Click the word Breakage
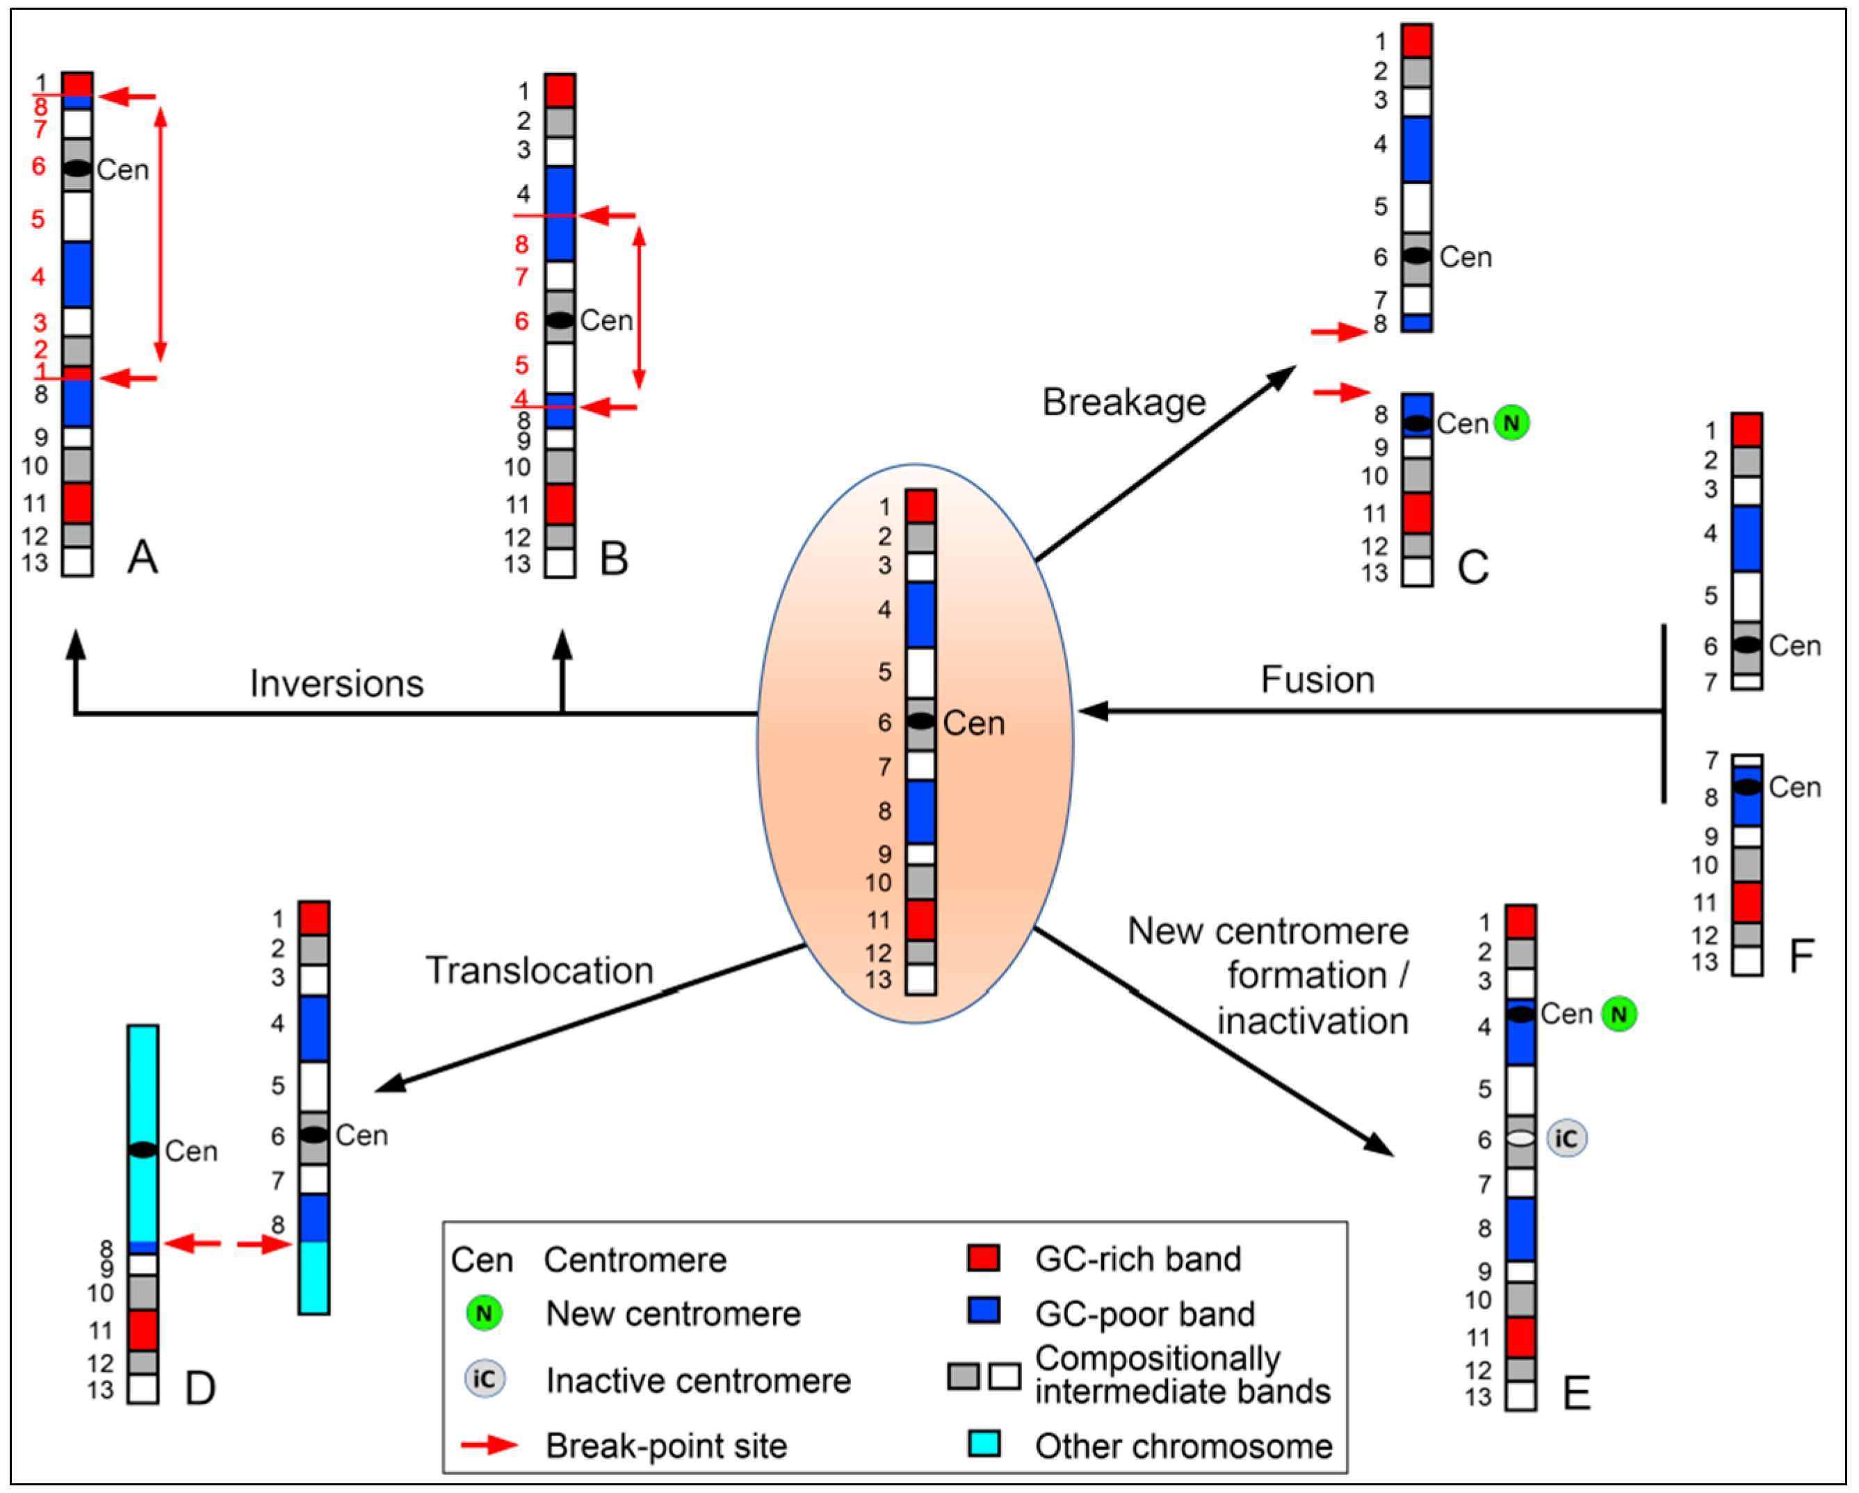tap(1123, 402)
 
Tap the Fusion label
tap(1317, 680)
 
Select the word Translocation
tap(539, 970)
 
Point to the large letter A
tap(143, 557)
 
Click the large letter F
tap(1801, 956)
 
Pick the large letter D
tap(200, 1389)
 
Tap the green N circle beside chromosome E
tap(1618, 1015)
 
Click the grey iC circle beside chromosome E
tap(1566, 1139)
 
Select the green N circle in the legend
tap(484, 1314)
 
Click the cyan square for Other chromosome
tap(984, 1443)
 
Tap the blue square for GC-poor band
tap(984, 1311)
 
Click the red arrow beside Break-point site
tap(489, 1445)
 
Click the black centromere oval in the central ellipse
tap(920, 721)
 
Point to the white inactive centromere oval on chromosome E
tap(1520, 1139)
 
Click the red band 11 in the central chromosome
tap(920, 919)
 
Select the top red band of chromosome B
tap(560, 90)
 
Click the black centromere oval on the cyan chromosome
tap(143, 1150)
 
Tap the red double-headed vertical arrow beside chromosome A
tap(161, 233)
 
